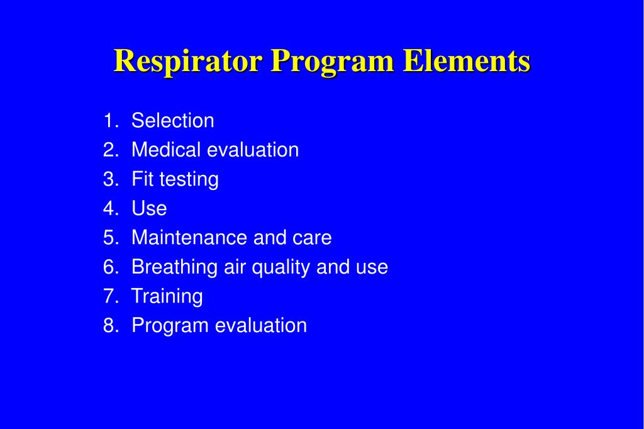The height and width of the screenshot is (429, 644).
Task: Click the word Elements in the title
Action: coord(467,62)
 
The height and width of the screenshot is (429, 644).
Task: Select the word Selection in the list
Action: coord(173,121)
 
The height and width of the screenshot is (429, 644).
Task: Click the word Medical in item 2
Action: coord(166,150)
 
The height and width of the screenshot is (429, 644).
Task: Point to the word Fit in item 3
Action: coord(142,179)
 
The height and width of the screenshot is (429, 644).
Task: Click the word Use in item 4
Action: coord(149,209)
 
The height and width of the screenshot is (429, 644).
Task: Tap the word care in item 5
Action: coord(312,238)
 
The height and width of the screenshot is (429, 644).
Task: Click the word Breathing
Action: coord(174,267)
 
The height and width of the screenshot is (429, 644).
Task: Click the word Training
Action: coord(167,297)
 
